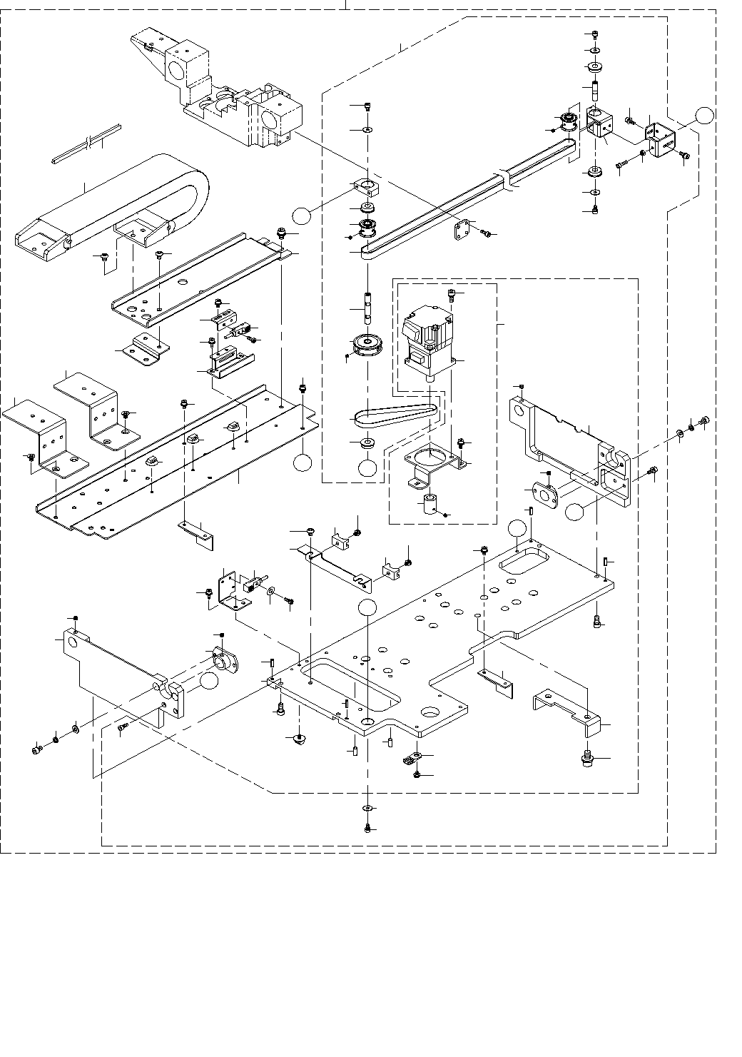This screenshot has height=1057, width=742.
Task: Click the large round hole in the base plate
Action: tap(431, 712)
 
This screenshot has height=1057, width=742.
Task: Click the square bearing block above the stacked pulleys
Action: tap(366, 188)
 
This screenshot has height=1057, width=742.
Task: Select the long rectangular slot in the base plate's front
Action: tap(350, 689)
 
